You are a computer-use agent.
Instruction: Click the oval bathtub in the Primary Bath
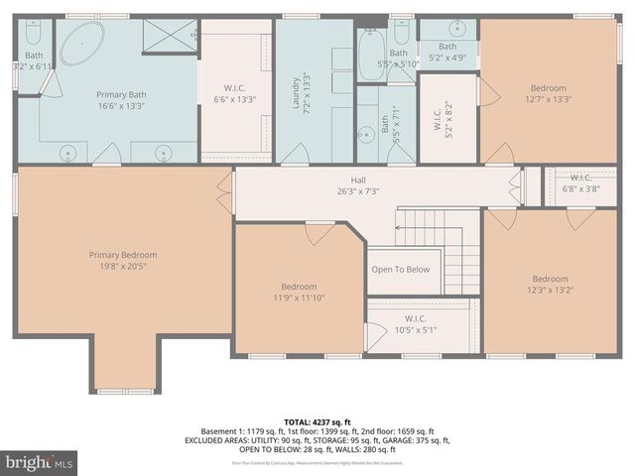80,46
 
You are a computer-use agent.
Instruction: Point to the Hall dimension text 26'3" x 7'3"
358,191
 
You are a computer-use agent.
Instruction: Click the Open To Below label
401,269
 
